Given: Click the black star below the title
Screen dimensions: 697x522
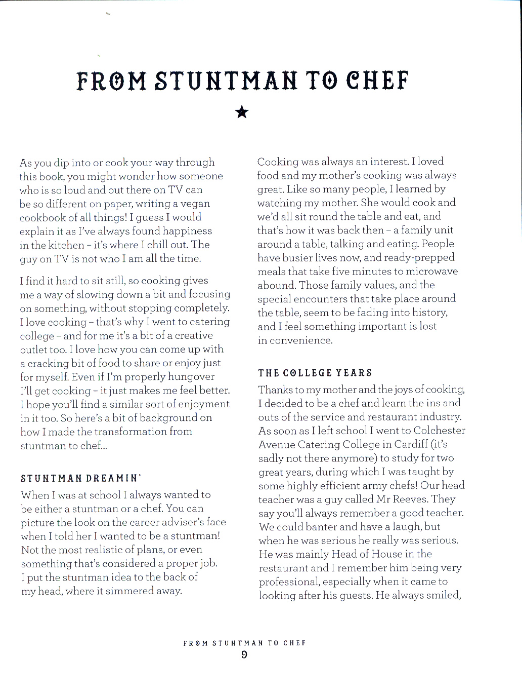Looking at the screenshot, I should pos(242,112).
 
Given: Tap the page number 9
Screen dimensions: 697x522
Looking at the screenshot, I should pos(244,655).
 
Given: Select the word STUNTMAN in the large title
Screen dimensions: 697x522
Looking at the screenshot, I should pos(226,81).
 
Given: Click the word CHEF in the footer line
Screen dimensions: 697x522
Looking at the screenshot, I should pos(294,643).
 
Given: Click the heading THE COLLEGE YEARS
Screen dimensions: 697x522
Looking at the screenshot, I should pos(315,373).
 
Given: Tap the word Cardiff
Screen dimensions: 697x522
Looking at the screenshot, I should pos(409,444).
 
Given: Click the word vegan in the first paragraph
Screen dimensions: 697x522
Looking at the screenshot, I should pos(195,204).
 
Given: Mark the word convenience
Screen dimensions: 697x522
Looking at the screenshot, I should pos(301,340).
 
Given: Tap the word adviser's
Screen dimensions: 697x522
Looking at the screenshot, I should pos(177,522).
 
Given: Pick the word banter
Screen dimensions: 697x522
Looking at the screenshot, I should pos(317,527).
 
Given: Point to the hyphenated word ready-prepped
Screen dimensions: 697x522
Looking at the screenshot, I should pos(419,257).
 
